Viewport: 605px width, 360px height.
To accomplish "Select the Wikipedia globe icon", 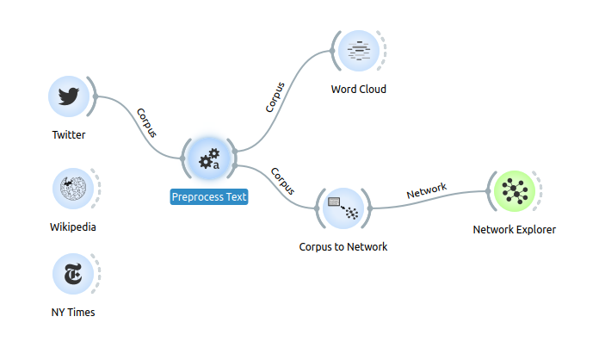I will (x=72, y=188).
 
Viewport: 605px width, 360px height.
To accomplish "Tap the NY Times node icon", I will (x=72, y=274).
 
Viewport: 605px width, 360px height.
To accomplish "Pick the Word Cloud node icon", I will (x=358, y=51).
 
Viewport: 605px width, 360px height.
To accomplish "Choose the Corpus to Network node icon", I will (x=343, y=208).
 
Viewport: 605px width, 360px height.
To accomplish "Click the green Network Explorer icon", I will (x=515, y=190).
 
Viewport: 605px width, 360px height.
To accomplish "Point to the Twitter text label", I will (x=69, y=135).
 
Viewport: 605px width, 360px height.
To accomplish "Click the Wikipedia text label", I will (x=73, y=227).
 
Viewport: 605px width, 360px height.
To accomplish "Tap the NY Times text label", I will (x=73, y=313).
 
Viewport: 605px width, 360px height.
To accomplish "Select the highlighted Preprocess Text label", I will (x=209, y=197).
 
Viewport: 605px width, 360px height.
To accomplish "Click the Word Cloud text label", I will (x=359, y=90).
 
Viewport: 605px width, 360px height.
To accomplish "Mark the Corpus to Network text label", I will (x=343, y=247).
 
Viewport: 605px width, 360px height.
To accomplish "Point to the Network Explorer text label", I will (x=515, y=230).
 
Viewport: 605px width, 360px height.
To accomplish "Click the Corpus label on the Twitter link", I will (x=147, y=122).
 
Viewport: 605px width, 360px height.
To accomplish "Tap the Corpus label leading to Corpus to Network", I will (x=282, y=179).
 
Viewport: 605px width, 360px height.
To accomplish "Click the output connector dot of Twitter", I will (x=96, y=96).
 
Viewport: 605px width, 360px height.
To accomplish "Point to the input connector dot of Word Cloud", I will (x=332, y=52).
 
